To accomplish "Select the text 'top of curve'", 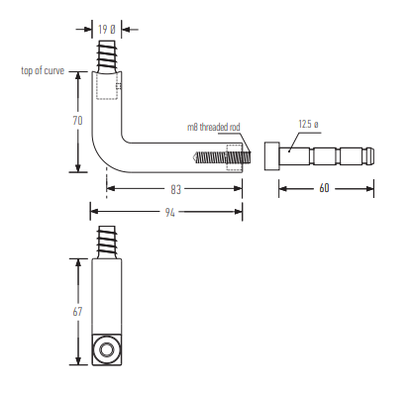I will tap(43, 70).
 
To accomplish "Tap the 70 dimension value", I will tap(77, 121).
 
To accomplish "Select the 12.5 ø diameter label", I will tap(309, 125).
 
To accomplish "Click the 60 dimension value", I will tap(325, 188).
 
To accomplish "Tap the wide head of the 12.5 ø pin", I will tap(271, 156).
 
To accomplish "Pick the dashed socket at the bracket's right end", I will tap(235, 156).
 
